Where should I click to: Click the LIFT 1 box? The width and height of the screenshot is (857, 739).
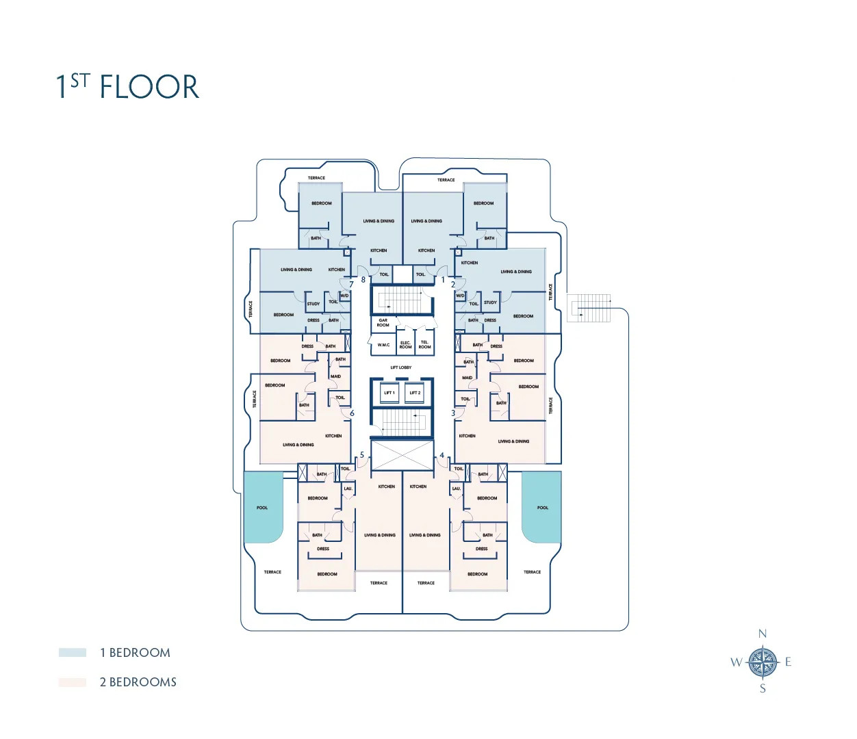(389, 393)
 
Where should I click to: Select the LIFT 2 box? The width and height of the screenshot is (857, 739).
(415, 393)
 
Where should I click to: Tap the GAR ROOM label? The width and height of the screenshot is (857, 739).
(383, 322)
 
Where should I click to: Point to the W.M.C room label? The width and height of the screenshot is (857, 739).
(383, 345)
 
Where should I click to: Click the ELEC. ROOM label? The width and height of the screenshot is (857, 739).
(405, 345)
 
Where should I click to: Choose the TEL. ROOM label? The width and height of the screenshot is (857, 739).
(424, 345)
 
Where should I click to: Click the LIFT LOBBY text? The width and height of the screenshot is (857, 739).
(401, 367)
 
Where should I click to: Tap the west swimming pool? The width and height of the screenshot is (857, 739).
(263, 506)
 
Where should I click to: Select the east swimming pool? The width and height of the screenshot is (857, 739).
(542, 506)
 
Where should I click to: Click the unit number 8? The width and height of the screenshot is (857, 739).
(363, 279)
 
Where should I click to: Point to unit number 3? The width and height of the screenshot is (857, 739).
(452, 413)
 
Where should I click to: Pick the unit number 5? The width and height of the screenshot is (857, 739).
(362, 455)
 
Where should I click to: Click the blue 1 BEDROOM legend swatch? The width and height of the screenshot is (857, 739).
(73, 653)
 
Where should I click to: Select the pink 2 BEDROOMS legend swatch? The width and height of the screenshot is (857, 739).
(73, 682)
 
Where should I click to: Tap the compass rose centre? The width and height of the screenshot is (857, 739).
(762, 662)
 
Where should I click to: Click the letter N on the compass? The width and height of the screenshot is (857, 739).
(762, 634)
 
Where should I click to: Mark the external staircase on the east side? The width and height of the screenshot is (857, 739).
(589, 308)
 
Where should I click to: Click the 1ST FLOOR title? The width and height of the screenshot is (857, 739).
(127, 87)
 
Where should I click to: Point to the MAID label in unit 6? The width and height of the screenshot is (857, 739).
(335, 376)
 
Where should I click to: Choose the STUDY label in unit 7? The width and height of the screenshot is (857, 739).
(313, 304)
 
